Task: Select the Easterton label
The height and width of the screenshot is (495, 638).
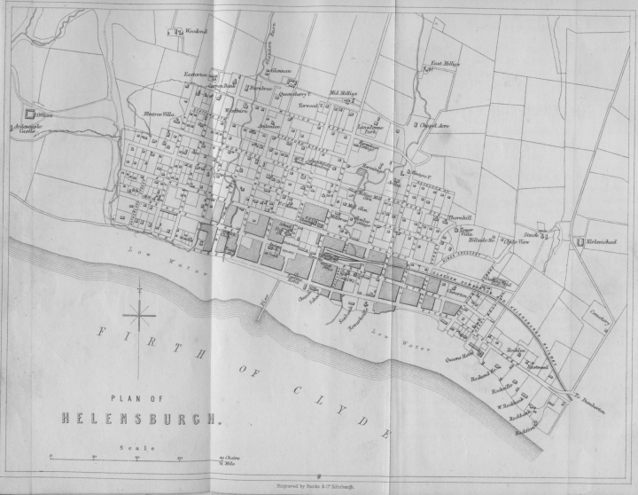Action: [195, 75]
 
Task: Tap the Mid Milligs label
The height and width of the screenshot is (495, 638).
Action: [342, 93]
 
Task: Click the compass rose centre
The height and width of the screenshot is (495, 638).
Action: [140, 313]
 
